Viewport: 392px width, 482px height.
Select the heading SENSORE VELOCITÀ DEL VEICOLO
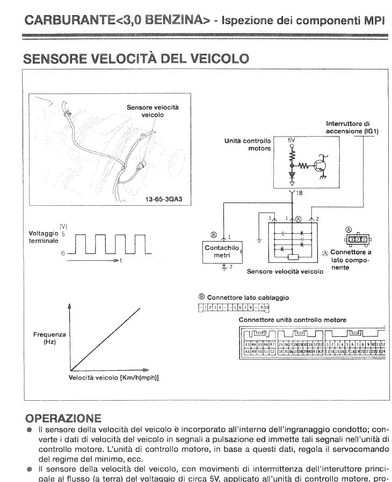(x=135, y=57)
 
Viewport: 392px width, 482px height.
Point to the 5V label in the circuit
(x=292, y=139)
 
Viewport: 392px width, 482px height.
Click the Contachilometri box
(x=222, y=251)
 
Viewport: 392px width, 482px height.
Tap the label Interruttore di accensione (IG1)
(x=352, y=127)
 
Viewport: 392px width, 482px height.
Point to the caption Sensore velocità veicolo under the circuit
(x=285, y=272)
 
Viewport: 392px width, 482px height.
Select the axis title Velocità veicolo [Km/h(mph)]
(x=113, y=377)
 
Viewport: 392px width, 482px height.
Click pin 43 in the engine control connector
(x=247, y=344)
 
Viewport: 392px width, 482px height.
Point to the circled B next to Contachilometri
(x=213, y=235)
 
